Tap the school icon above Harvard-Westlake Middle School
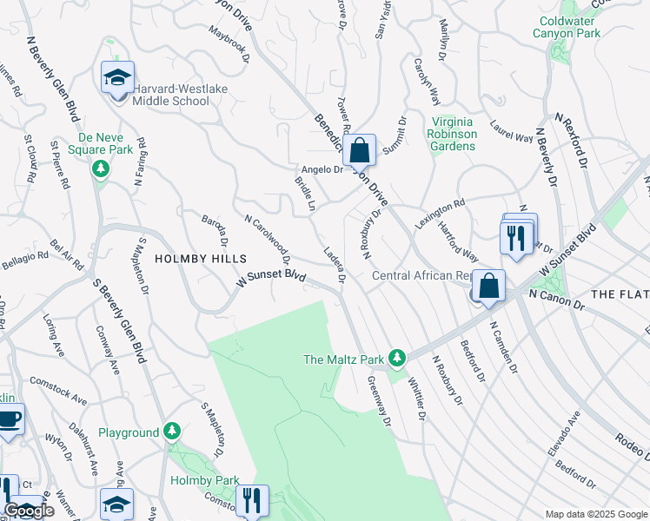tap(117, 78)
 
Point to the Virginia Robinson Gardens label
tap(452, 134)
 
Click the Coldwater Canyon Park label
tap(569, 27)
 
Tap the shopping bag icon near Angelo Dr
tap(358, 151)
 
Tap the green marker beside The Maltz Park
tap(397, 357)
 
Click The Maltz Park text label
tap(343, 359)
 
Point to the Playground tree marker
tap(172, 431)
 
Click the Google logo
tap(29, 511)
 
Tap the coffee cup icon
tap(10, 420)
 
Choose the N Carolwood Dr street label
tap(268, 239)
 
